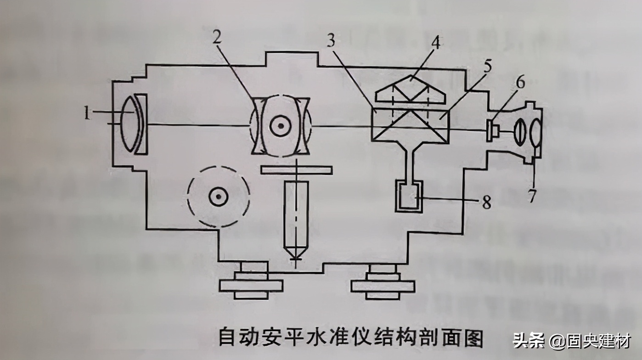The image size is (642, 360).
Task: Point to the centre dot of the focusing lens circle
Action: click(279, 126)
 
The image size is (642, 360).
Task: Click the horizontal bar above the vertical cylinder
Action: click(296, 169)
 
